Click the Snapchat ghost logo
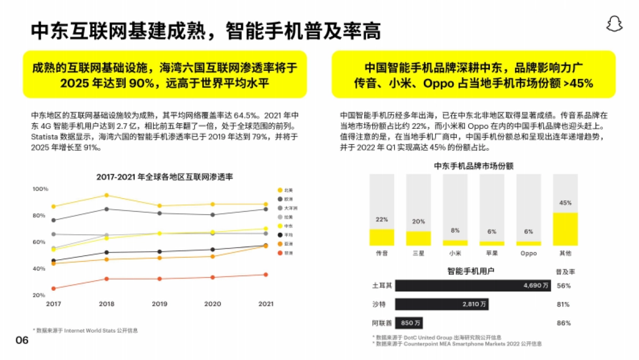click(615, 24)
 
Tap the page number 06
click(22, 340)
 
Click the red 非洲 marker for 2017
click(53, 289)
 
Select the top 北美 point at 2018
click(106, 195)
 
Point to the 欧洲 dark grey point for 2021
click(265, 209)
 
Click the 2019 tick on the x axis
click(159, 304)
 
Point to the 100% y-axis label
click(40, 189)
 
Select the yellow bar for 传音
click(381, 238)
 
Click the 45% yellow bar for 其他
click(565, 229)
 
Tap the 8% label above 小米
click(455, 231)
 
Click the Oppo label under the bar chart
click(528, 253)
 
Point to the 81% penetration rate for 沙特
click(563, 305)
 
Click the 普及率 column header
click(565, 272)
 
